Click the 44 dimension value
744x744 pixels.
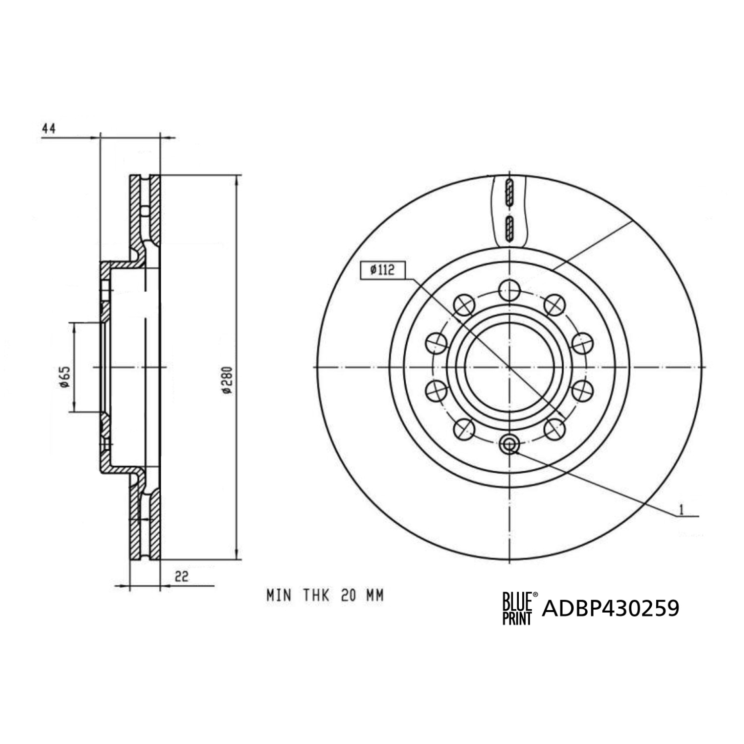pyautogui.click(x=49, y=128)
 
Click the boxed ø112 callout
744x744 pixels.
pyautogui.click(x=382, y=270)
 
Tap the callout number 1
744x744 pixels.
pyautogui.click(x=682, y=509)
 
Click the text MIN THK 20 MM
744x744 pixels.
pyautogui.click(x=325, y=595)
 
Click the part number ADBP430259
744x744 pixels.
pyautogui.click(x=611, y=608)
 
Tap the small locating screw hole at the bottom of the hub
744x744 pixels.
pyautogui.click(x=509, y=444)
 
